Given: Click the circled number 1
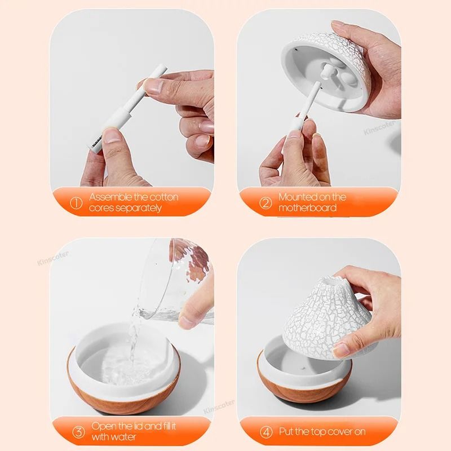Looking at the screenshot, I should (77, 203).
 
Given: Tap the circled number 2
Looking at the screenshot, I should (266, 203).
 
